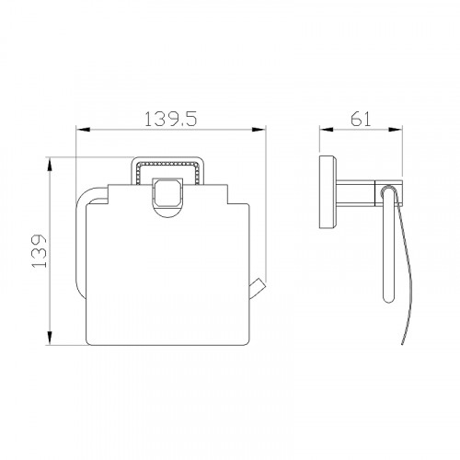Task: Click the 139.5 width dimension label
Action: (170, 119)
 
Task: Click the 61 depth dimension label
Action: (361, 119)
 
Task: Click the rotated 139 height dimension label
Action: (40, 251)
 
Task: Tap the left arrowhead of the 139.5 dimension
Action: (83, 130)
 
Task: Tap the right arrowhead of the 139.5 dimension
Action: (259, 130)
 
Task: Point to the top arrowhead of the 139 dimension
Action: (50, 165)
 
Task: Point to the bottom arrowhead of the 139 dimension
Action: (50, 338)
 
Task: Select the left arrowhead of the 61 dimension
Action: (327, 130)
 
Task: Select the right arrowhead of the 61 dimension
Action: (396, 130)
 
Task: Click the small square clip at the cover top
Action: (167, 193)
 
